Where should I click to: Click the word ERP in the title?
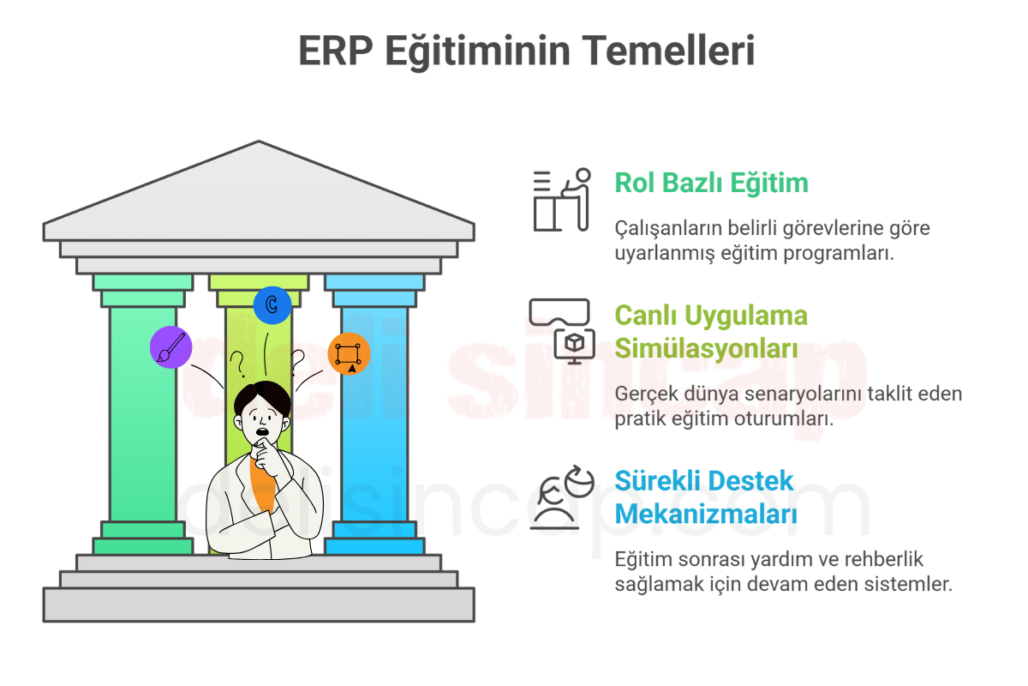coord(335,51)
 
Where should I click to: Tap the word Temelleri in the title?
coord(668,51)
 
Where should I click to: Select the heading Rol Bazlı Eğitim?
coord(711,184)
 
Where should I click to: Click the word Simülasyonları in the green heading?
coord(706,348)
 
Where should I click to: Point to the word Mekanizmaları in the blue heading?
coord(706,514)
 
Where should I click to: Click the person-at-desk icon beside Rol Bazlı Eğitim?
coord(562,200)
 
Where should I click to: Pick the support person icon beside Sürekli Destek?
coord(562,497)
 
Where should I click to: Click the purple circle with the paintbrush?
coord(170,347)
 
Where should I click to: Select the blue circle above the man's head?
coord(272,305)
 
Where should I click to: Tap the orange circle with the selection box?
coord(349,354)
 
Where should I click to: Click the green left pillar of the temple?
coord(143,414)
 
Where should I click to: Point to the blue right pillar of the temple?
coord(374,414)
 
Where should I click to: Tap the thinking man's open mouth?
coord(262,431)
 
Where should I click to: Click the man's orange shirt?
coord(263,483)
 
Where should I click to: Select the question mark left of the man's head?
coord(238,364)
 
